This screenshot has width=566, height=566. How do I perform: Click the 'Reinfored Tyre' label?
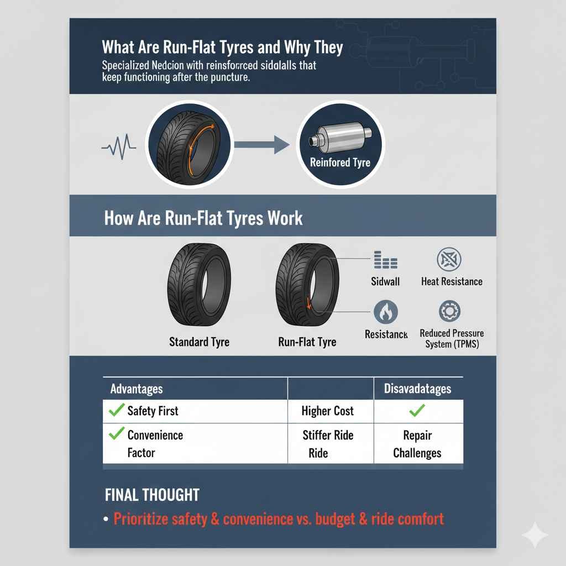340,163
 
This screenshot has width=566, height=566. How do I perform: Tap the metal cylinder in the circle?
338,136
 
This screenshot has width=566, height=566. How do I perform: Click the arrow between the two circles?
262,145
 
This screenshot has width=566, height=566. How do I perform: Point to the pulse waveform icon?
119,146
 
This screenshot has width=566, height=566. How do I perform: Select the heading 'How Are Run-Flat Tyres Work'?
203,217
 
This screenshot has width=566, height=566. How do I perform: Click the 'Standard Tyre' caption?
199,342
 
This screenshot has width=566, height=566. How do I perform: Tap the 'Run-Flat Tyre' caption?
307,342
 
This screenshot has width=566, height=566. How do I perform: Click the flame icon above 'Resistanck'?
385,312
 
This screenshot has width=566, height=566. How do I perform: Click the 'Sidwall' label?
385,281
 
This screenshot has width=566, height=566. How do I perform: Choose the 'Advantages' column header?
137,389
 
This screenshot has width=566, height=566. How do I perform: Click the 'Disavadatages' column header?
417,389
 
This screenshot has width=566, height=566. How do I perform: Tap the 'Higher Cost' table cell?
328,411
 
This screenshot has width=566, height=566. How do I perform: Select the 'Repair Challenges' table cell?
417,444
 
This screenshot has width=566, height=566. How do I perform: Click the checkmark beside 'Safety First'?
116,410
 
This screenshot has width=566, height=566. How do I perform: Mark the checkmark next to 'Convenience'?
116,434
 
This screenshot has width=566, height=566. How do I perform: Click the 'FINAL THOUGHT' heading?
152,495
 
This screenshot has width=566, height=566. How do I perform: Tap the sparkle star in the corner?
535,534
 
